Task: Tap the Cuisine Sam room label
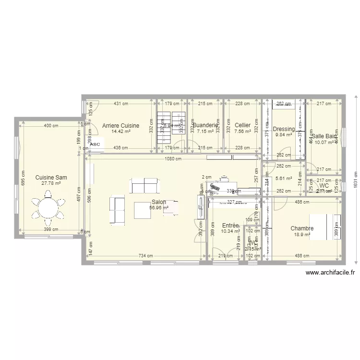click(x=51, y=178)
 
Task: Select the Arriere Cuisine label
click(x=121, y=126)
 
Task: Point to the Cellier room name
click(x=242, y=125)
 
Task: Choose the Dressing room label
click(x=284, y=129)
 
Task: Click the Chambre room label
click(x=302, y=228)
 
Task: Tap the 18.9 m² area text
click(x=302, y=234)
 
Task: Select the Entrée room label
click(x=230, y=225)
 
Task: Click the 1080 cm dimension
click(x=172, y=159)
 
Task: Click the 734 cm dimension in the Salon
click(x=146, y=256)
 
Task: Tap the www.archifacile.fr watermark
click(x=330, y=273)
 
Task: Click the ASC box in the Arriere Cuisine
click(x=95, y=144)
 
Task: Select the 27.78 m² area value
click(x=51, y=183)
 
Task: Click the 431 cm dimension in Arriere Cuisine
click(x=120, y=103)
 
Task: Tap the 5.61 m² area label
click(x=284, y=178)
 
